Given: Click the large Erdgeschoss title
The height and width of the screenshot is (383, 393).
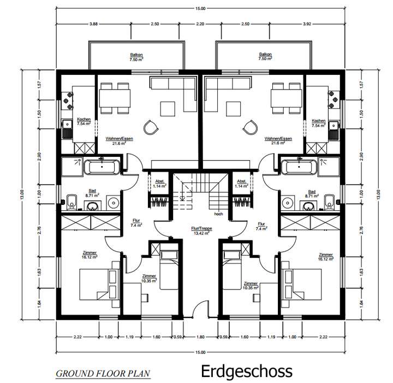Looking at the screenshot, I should (x=247, y=371).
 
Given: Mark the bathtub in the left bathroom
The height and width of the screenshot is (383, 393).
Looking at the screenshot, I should (x=103, y=166).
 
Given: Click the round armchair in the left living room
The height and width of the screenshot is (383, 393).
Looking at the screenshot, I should (x=150, y=127).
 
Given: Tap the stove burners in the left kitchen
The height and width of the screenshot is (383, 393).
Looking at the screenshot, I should (x=69, y=97).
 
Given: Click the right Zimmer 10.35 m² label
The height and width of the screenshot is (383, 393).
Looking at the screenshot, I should (x=251, y=286).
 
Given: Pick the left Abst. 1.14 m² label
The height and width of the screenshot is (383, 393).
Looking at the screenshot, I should (x=160, y=184).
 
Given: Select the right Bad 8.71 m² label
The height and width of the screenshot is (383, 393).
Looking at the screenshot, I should (x=312, y=193).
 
